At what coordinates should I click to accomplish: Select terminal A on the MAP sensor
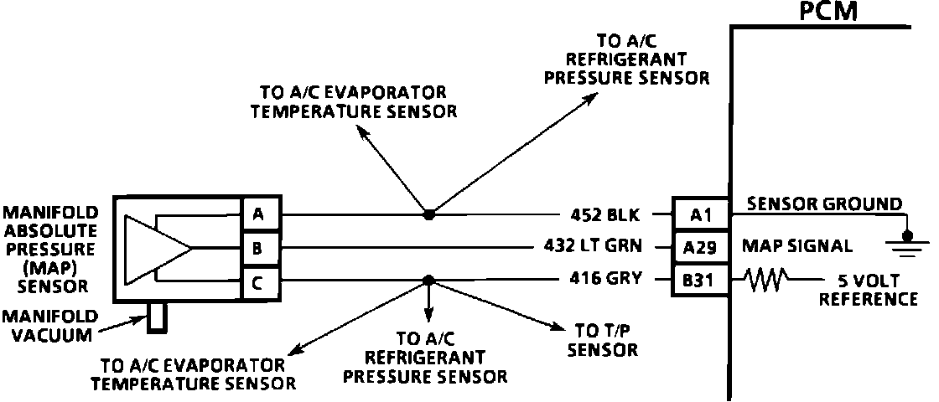click(x=257, y=215)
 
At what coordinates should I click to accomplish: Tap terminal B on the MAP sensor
click(x=257, y=248)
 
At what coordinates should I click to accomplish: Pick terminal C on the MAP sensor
click(x=257, y=281)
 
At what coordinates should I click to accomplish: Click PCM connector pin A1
click(x=701, y=215)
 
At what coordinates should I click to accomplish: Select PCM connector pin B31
click(x=701, y=280)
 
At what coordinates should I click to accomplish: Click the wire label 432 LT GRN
click(x=593, y=247)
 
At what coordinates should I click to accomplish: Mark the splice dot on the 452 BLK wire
click(x=428, y=215)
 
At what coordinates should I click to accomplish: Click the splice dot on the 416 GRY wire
click(x=428, y=280)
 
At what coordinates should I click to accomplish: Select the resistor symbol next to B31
click(x=765, y=280)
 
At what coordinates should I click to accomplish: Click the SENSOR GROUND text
click(x=824, y=204)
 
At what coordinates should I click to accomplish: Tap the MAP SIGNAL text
click(x=797, y=247)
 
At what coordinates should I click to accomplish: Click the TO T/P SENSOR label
click(x=601, y=340)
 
